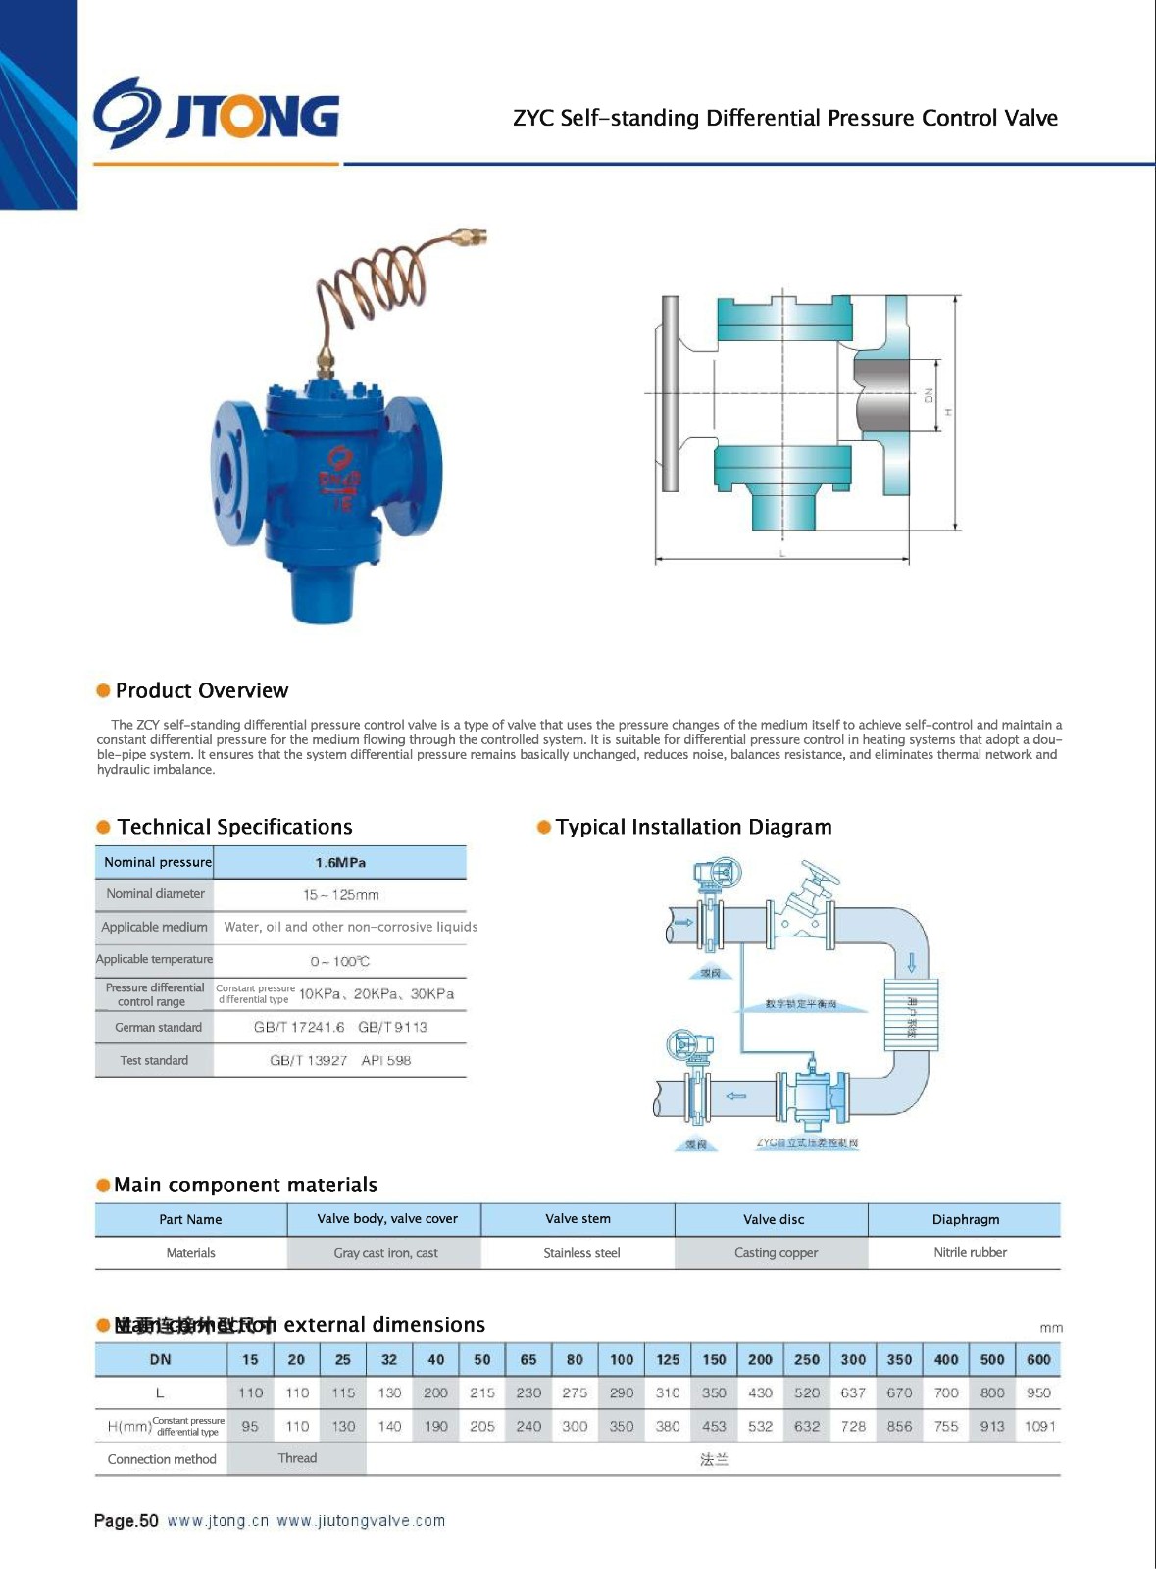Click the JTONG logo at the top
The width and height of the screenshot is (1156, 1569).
pyautogui.click(x=217, y=115)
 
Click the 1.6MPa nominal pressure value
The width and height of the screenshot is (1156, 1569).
pyautogui.click(x=340, y=863)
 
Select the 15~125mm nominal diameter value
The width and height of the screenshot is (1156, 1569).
pyautogui.click(x=340, y=895)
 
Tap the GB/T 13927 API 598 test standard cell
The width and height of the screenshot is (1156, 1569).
pyautogui.click(x=340, y=1061)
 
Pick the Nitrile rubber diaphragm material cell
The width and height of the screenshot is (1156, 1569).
pyautogui.click(x=970, y=1253)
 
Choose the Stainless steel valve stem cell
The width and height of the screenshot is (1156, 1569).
pyautogui.click(x=581, y=1253)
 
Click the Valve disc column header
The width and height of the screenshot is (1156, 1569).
pyautogui.click(x=774, y=1220)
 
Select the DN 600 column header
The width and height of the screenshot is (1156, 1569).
pyautogui.click(x=1038, y=1360)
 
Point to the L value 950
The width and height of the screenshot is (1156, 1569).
pyautogui.click(x=1038, y=1393)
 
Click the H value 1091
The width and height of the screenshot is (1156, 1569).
pyautogui.click(x=1039, y=1427)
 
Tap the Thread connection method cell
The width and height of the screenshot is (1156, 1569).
pyautogui.click(x=297, y=1459)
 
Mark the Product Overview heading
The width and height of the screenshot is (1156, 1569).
pyautogui.click(x=202, y=691)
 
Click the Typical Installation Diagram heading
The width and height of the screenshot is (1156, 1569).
pyautogui.click(x=693, y=828)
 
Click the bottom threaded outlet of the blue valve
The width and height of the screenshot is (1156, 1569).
pyautogui.click(x=322, y=594)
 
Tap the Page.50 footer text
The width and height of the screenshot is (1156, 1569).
pyautogui.click(x=126, y=1521)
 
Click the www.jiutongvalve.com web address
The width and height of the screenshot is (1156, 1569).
pyautogui.click(x=361, y=1521)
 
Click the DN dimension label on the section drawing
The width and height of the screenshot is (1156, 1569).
pyautogui.click(x=929, y=395)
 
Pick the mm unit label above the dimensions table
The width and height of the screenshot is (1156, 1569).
pyautogui.click(x=1051, y=1328)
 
